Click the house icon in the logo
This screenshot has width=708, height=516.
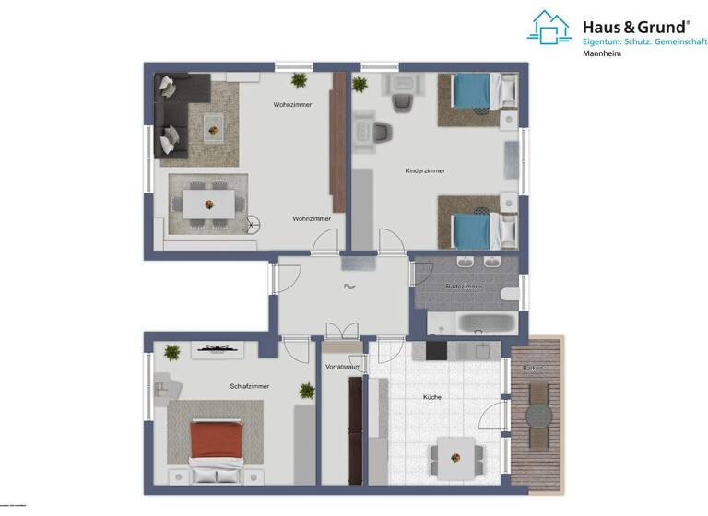549,27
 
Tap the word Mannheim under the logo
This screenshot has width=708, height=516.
602,54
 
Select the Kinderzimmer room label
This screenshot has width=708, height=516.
425,171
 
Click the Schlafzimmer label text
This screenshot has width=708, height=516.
250,386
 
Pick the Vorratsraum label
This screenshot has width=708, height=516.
342,367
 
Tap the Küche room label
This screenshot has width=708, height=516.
432,397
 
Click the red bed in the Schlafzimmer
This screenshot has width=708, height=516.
216,440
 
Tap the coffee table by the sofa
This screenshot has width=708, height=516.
214,124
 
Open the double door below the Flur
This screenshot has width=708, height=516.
342,332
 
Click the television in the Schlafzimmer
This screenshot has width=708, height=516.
218,348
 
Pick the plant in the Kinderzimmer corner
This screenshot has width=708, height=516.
360,84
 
